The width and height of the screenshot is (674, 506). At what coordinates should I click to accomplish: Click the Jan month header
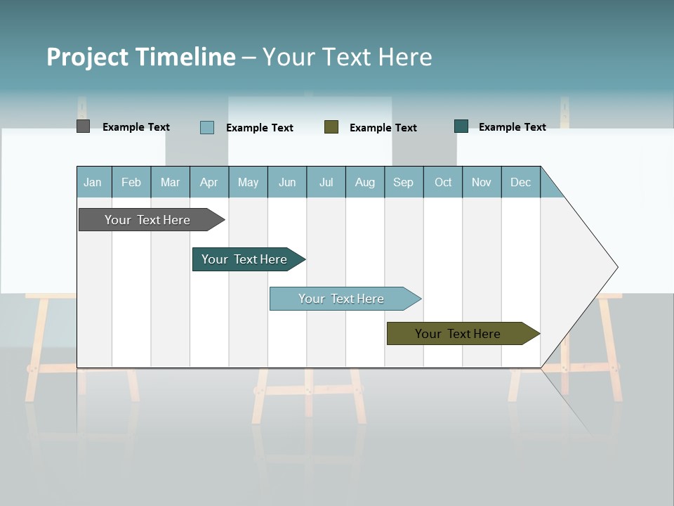(x=93, y=182)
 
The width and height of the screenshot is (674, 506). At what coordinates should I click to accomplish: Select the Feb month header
(x=131, y=182)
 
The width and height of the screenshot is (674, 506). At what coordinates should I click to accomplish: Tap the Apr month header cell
(x=209, y=182)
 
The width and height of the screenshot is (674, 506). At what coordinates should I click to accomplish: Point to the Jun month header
(x=287, y=182)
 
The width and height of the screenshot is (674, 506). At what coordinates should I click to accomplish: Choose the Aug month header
(x=365, y=182)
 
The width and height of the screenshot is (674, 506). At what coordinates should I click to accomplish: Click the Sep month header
(x=404, y=182)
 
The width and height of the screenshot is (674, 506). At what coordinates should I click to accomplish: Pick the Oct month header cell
(x=443, y=182)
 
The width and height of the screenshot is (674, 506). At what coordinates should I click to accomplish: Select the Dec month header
(x=521, y=182)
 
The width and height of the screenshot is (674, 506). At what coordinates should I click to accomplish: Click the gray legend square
(x=83, y=126)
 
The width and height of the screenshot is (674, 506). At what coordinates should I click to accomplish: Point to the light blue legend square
(x=207, y=127)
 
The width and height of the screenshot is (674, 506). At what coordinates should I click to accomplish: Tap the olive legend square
(x=331, y=126)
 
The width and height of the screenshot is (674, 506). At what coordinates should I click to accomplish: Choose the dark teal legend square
(x=461, y=126)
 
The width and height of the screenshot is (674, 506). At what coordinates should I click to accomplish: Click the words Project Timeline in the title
(x=140, y=57)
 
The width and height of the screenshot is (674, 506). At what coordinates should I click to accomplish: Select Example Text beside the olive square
(x=383, y=128)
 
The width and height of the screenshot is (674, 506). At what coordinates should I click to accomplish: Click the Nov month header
(x=482, y=182)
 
